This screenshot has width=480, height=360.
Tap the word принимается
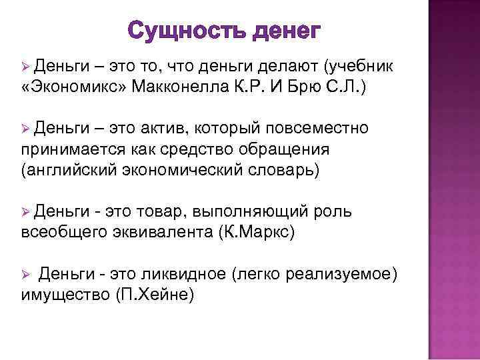(x=68, y=148)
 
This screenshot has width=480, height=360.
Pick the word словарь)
(x=281, y=169)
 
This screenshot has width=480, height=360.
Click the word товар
(x=162, y=211)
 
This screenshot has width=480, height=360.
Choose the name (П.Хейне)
(x=154, y=294)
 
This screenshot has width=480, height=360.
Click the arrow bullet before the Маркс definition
(x=26, y=211)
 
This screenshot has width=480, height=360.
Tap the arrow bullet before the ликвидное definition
(x=26, y=274)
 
